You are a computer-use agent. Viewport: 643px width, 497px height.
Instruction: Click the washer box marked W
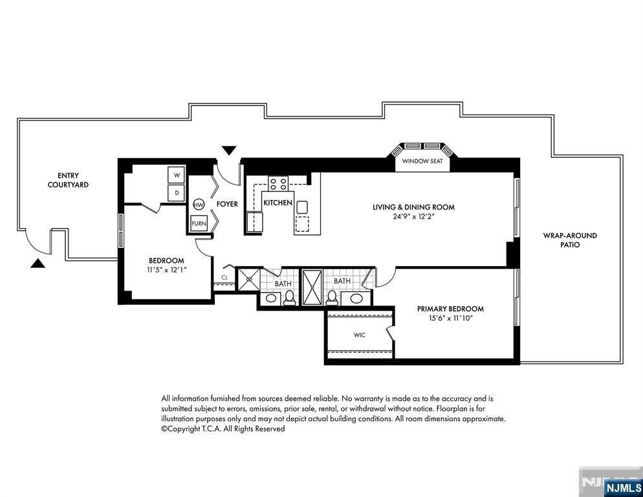pyautogui.click(x=177, y=175)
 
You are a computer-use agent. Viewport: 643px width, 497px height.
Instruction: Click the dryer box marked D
pyautogui.click(x=177, y=193)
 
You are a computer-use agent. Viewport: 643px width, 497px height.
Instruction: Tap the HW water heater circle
pyautogui.click(x=199, y=204)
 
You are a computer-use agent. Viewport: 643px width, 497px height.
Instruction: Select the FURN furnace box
pyautogui.click(x=199, y=224)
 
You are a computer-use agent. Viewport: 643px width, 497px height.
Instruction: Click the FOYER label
pyautogui.click(x=227, y=204)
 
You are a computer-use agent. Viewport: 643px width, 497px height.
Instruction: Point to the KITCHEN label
pyautogui.click(x=278, y=203)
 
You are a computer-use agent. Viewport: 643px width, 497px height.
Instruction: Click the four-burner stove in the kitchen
pyautogui.click(x=278, y=183)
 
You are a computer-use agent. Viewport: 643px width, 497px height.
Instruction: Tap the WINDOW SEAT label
pyautogui.click(x=422, y=161)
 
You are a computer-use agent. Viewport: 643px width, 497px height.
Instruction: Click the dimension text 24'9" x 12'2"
pyautogui.click(x=413, y=217)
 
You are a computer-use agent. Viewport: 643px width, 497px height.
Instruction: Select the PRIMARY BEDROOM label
pyautogui.click(x=450, y=309)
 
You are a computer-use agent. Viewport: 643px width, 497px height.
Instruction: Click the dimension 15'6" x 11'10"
pyautogui.click(x=450, y=318)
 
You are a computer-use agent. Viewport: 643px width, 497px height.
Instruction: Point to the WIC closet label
pyautogui.click(x=359, y=335)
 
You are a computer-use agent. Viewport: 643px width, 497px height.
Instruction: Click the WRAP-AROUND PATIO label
pyautogui.click(x=570, y=240)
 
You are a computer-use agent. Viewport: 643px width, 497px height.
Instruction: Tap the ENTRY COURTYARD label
pyautogui.click(x=68, y=180)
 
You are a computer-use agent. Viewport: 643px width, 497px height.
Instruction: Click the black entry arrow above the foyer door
pyautogui.click(x=229, y=150)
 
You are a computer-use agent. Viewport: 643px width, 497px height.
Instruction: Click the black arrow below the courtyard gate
pyautogui.click(x=38, y=263)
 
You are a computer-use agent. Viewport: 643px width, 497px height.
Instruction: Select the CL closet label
pyautogui.click(x=224, y=278)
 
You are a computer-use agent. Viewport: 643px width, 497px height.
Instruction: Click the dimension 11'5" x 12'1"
pyautogui.click(x=166, y=270)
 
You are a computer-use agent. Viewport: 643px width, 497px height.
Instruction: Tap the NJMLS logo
pyautogui.click(x=624, y=488)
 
